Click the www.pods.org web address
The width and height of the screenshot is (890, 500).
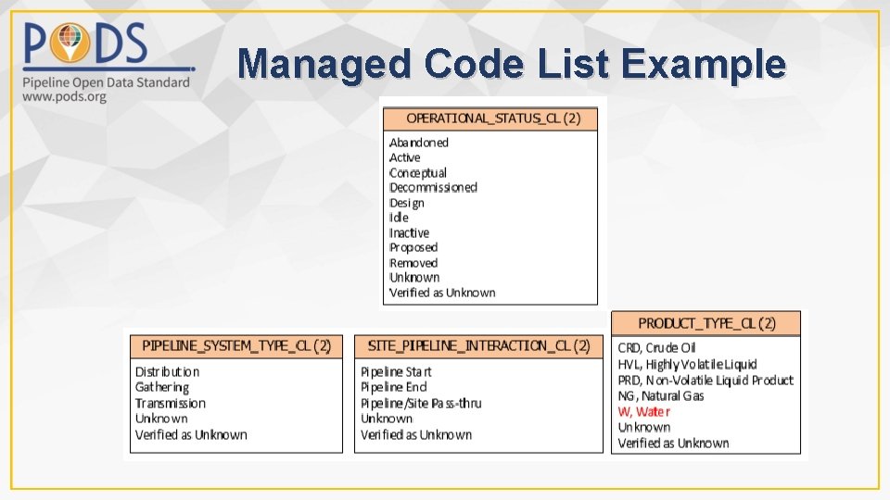(66, 97)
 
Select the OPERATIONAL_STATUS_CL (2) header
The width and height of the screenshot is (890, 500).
(493, 119)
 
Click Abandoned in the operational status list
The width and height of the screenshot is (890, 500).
(419, 143)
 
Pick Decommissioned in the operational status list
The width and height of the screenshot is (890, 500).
(433, 187)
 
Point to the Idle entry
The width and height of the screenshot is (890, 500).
(399, 218)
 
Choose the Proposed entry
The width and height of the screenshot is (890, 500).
(413, 247)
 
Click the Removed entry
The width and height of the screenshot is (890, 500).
(413, 263)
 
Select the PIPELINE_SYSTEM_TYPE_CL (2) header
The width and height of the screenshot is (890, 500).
(236, 345)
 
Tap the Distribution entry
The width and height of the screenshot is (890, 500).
(168, 372)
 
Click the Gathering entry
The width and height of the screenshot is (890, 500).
(162, 387)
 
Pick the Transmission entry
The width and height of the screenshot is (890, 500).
(171, 403)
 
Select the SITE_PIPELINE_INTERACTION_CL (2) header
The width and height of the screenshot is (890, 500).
(478, 345)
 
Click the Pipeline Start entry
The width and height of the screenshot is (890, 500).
(396, 372)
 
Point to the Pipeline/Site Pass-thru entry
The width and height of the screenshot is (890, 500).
(421, 403)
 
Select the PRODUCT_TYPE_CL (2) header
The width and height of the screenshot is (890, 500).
(706, 323)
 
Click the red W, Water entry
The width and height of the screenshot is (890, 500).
(644, 411)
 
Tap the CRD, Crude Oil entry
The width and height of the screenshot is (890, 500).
(656, 348)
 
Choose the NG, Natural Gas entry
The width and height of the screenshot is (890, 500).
(661, 395)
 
